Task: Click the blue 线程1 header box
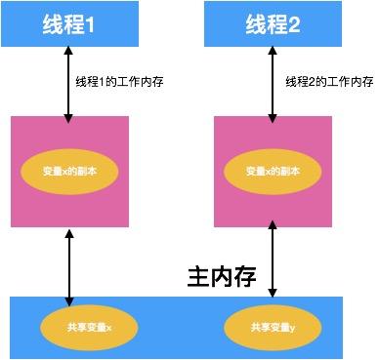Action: coord(68,23)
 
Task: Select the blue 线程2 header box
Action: coord(273,23)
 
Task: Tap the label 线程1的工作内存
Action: coord(119,81)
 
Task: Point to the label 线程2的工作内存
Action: coord(329,81)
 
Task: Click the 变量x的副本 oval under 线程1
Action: coord(68,171)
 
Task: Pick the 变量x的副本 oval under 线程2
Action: coord(274,171)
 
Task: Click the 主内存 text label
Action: coord(222,276)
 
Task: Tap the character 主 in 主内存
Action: coord(198,276)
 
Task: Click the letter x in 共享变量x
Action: coord(109,328)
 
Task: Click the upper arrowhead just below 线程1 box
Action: coord(68,52)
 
